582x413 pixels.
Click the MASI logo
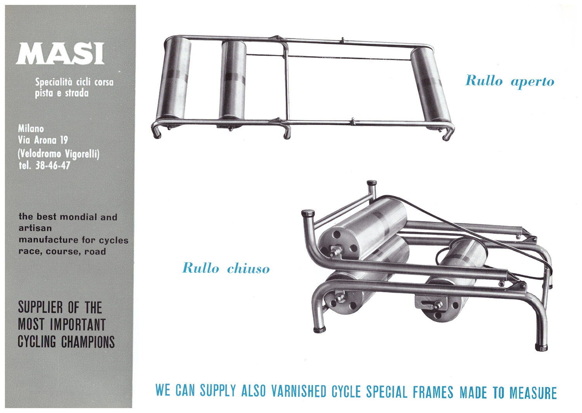(x=60, y=54)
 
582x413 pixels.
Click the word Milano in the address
(x=31, y=129)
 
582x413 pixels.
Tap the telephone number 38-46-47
(x=53, y=166)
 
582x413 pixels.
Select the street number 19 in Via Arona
(x=64, y=140)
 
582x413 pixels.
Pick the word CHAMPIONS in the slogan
(x=88, y=342)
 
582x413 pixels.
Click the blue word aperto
(x=532, y=82)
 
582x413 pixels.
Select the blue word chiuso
(x=248, y=268)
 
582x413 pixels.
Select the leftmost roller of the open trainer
(x=174, y=79)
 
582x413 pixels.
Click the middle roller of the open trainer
(x=232, y=81)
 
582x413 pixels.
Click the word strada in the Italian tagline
(x=77, y=93)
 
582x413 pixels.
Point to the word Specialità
(x=54, y=82)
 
